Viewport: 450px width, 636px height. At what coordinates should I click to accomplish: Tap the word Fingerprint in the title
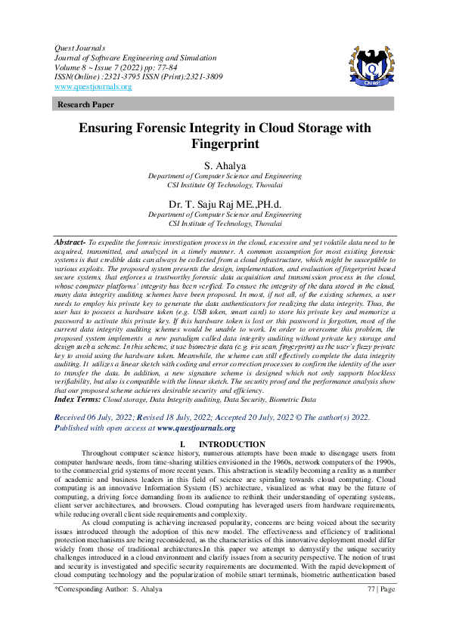pyautogui.click(x=225, y=144)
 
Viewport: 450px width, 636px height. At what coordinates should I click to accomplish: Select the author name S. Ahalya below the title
pyautogui.click(x=225, y=165)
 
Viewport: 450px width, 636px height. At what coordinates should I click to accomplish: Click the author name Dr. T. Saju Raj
pyautogui.click(x=225, y=202)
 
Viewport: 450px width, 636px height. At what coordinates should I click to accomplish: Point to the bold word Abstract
pyautogui.click(x=73, y=239)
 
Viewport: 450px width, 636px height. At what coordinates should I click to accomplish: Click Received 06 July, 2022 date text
pyautogui.click(x=104, y=417)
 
